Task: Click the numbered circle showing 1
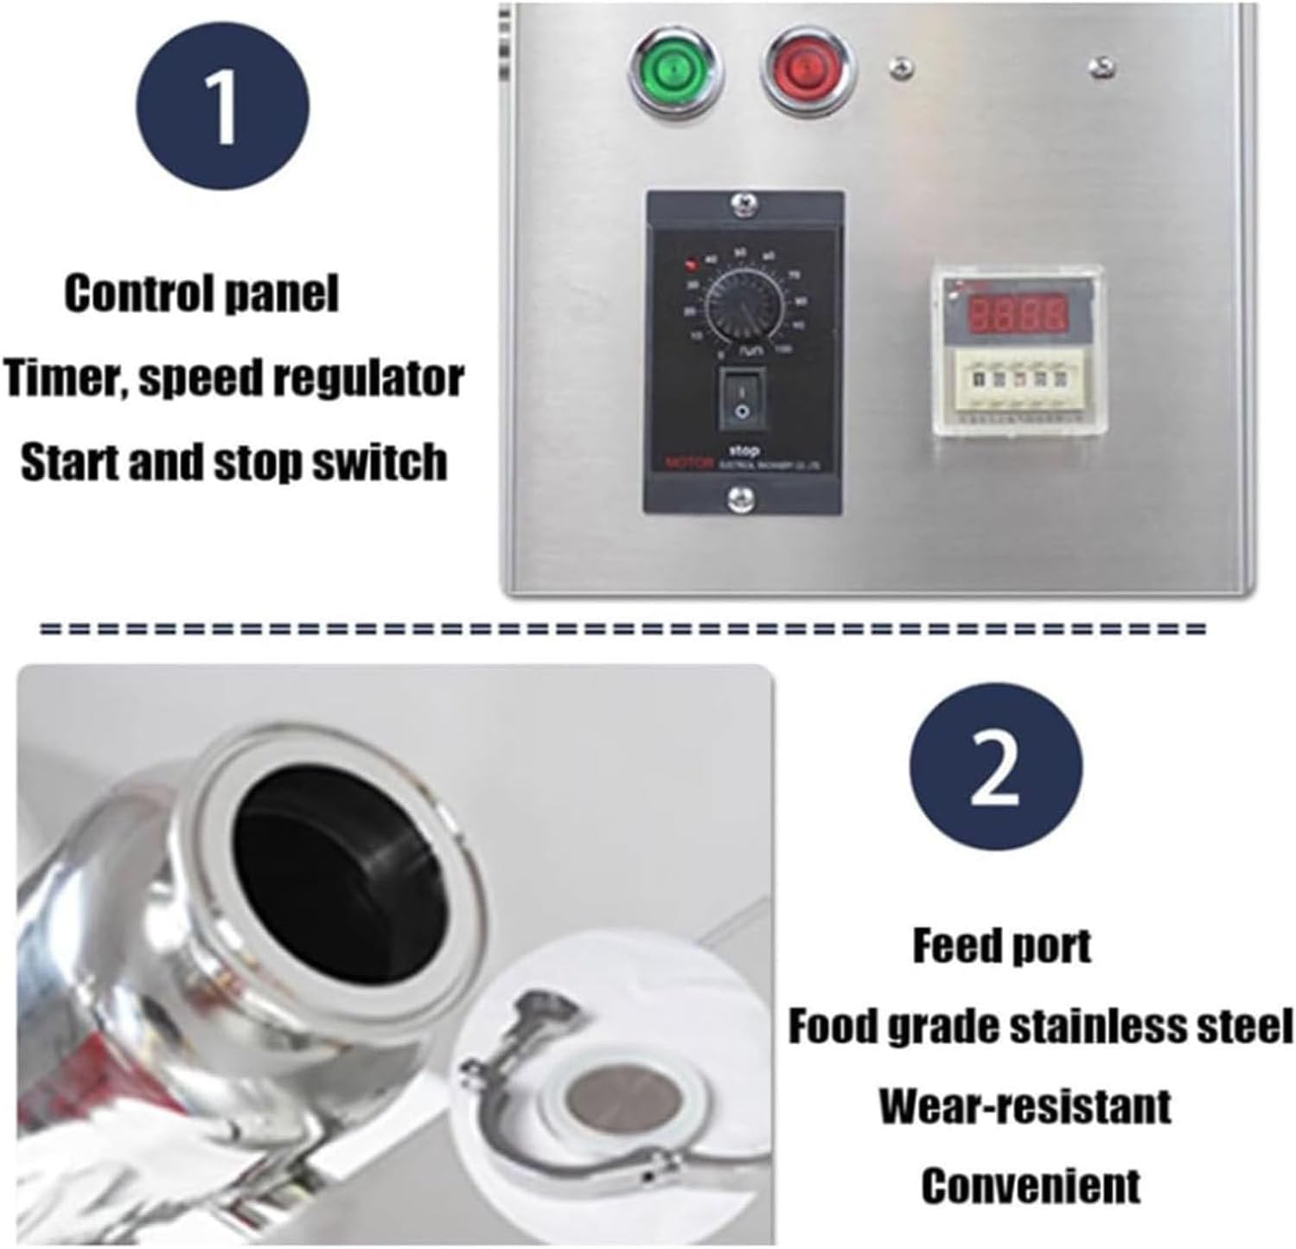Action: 222,108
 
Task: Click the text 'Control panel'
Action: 201,294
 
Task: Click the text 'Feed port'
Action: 1001,946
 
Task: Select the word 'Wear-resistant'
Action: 1025,1106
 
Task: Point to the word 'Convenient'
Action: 1030,1185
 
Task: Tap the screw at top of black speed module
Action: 742,205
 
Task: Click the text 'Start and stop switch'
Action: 233,462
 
